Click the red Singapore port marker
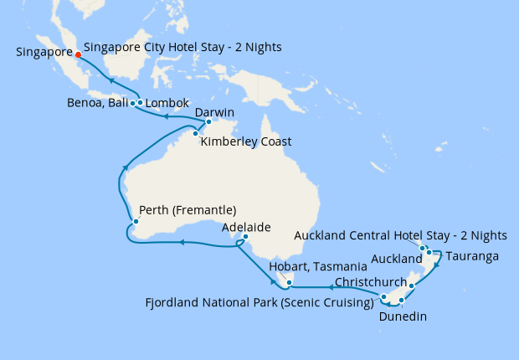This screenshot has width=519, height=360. (78, 57)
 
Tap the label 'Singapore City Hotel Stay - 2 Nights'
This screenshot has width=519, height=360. (182, 47)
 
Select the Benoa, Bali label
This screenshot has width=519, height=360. (98, 104)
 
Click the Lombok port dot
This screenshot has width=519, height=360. (140, 103)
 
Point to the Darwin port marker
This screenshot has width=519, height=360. (209, 122)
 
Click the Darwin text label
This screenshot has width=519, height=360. (214, 112)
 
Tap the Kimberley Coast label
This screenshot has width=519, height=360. (246, 141)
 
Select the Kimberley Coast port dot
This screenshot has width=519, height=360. (195, 133)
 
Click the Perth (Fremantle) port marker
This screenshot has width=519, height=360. (134, 222)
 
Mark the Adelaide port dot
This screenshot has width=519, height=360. (245, 237)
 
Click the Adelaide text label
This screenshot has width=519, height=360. (246, 227)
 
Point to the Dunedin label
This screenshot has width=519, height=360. (403, 317)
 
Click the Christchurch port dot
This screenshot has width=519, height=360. (412, 286)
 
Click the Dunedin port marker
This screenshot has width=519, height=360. (403, 300)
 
